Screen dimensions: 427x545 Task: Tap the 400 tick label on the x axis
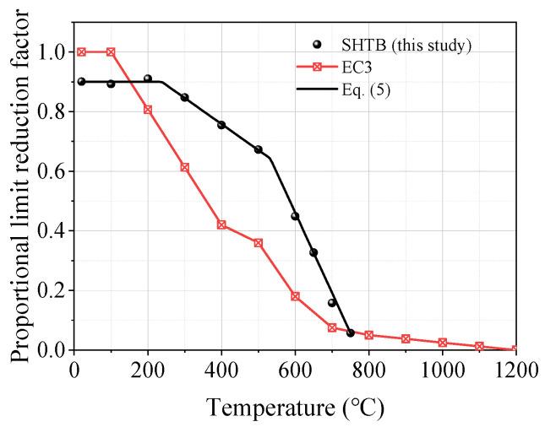[221, 368]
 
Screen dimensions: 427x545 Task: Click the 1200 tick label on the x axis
[515, 368]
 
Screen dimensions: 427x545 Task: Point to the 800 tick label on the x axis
[368, 368]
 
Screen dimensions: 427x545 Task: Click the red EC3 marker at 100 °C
[111, 52]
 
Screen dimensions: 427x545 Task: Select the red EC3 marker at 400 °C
[221, 224]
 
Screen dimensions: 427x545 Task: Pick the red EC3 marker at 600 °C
[295, 296]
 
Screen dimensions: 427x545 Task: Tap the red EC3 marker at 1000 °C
[442, 343]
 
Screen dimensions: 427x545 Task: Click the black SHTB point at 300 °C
[184, 98]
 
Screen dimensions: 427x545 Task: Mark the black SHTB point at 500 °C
[258, 149]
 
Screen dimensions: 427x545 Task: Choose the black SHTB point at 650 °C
[313, 252]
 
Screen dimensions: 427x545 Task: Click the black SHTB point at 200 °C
[148, 79]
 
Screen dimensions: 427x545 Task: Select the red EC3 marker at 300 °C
[184, 167]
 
